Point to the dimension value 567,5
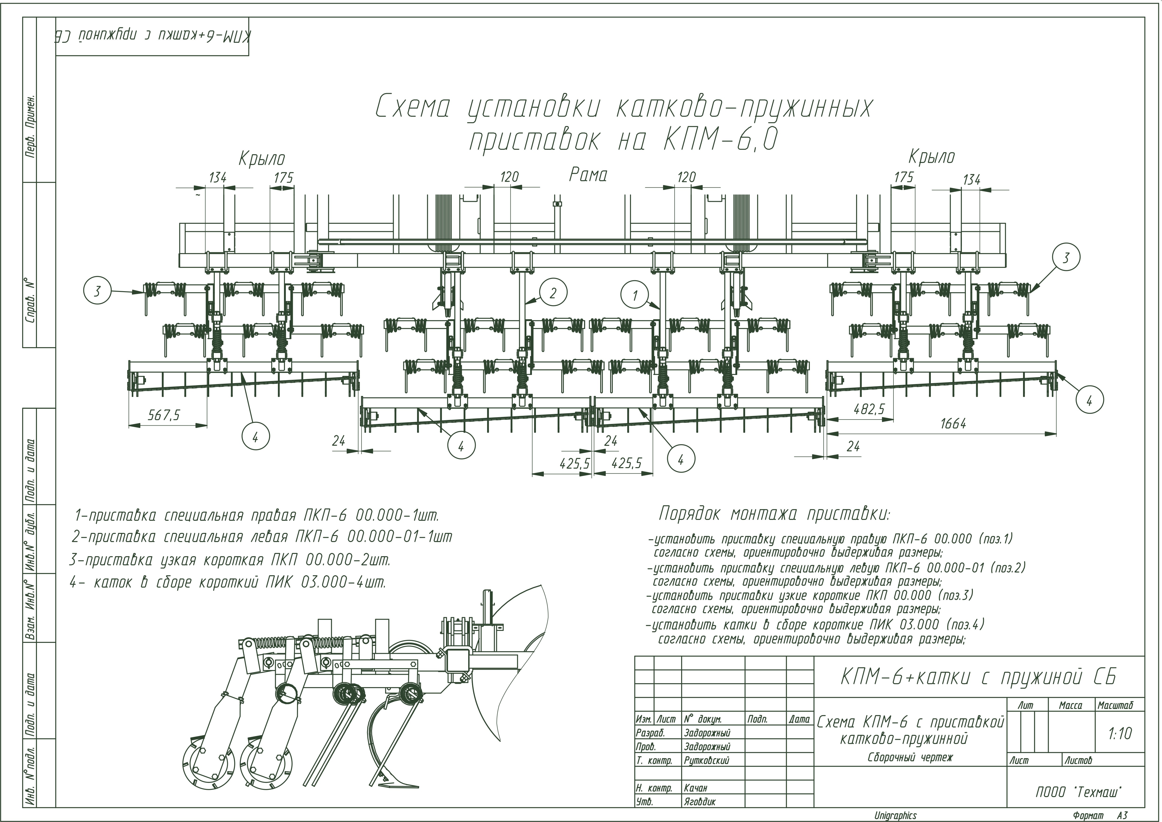coord(164,415)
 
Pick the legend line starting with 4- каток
coord(228,583)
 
